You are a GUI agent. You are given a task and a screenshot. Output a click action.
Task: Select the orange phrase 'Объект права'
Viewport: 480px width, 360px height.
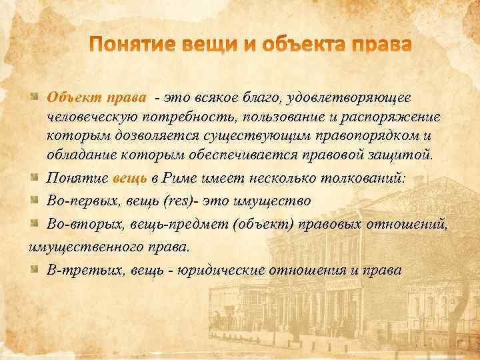tap(96, 98)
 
